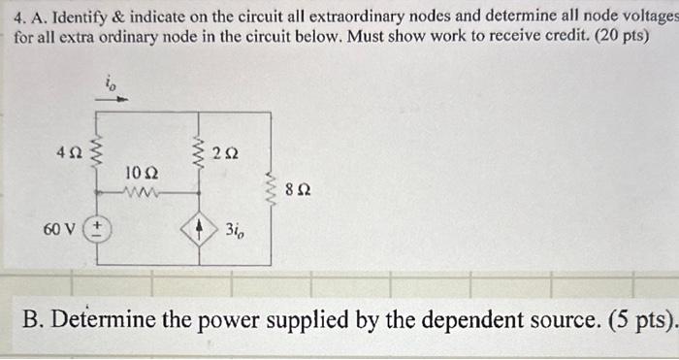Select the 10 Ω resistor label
(x=140, y=173)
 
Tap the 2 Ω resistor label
(x=228, y=152)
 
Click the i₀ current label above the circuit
(x=110, y=84)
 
